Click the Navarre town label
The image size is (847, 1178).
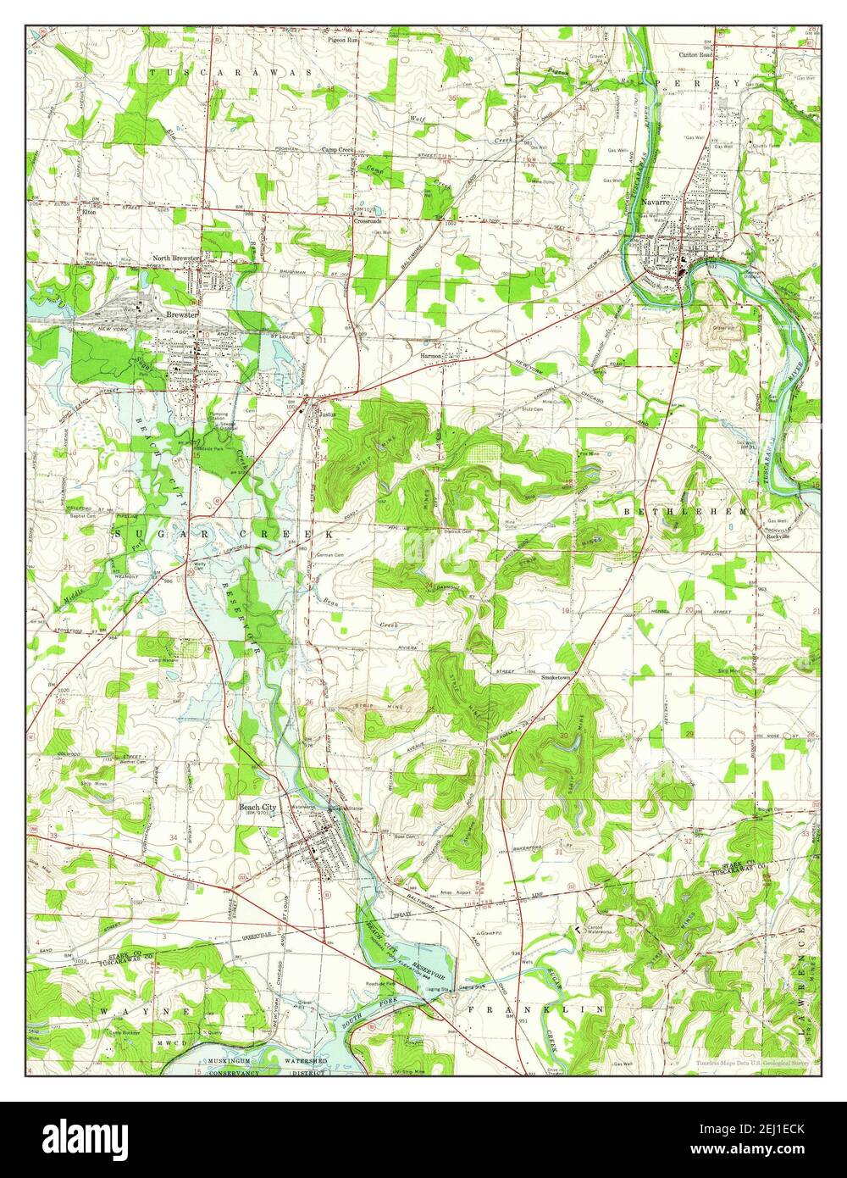pyautogui.click(x=656, y=203)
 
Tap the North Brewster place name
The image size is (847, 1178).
pyautogui.click(x=176, y=258)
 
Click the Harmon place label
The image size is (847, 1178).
pyautogui.click(x=432, y=357)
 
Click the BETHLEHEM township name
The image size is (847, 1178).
pyautogui.click(x=686, y=513)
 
